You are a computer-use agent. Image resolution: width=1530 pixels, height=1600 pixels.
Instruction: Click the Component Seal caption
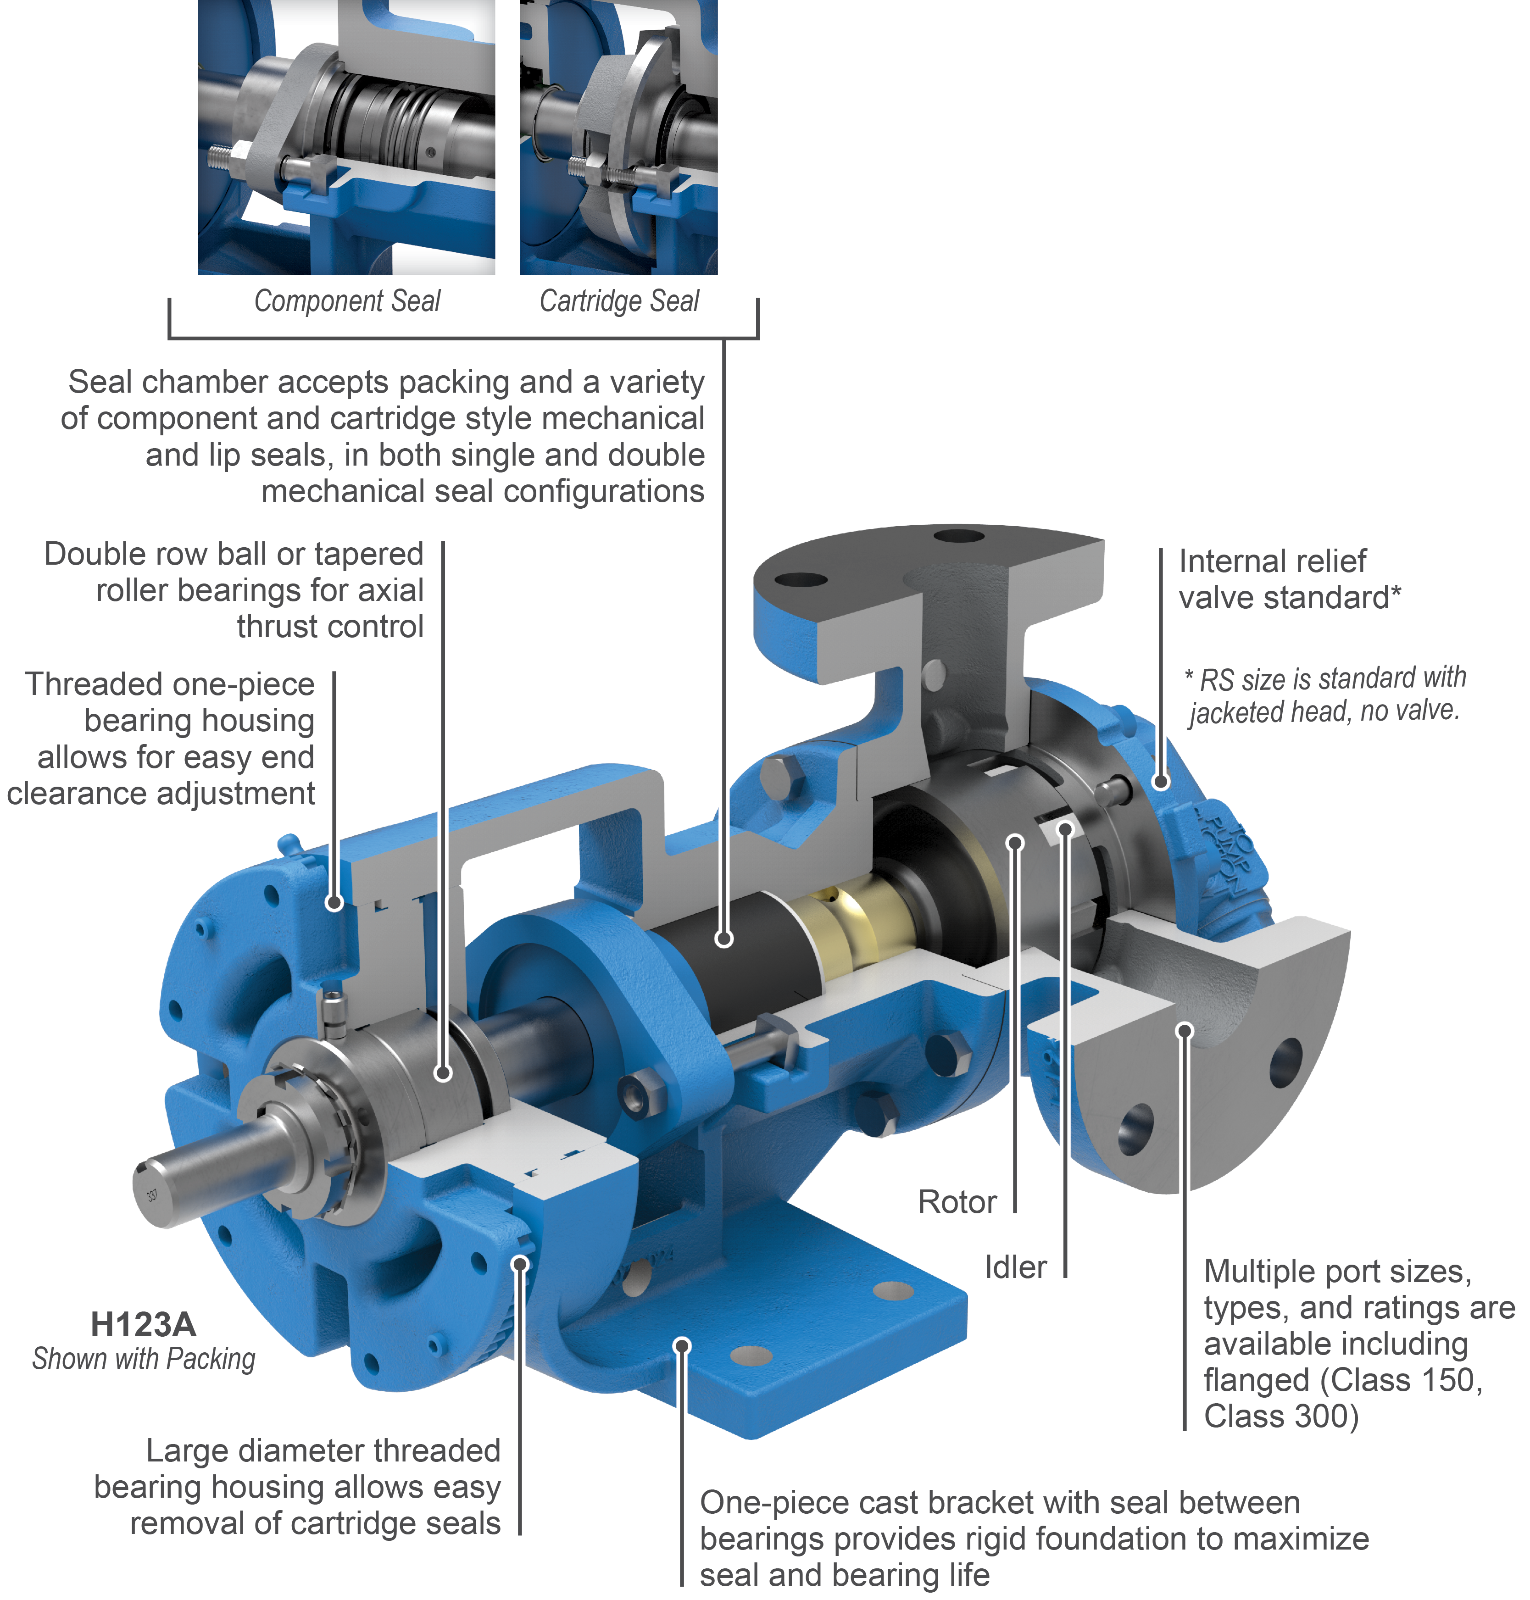347,301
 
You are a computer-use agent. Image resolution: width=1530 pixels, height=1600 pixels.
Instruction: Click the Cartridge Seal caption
619,301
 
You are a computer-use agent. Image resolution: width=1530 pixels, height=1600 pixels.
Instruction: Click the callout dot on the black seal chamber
723,939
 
